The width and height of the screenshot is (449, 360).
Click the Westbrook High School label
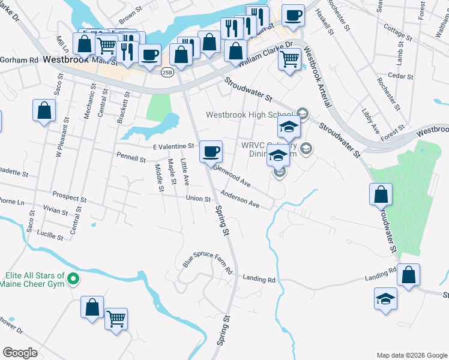point(249,115)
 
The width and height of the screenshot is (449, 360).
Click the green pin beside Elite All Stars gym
point(74,278)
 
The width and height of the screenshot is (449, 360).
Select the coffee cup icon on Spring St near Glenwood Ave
point(211,151)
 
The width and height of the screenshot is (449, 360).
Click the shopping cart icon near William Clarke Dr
point(290,60)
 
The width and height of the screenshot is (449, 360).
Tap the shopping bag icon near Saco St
point(44,110)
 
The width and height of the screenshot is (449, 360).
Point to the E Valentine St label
point(173,146)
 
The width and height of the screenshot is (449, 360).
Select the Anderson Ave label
point(240,199)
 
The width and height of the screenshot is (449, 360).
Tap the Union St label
point(198,199)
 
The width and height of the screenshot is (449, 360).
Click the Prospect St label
point(69,196)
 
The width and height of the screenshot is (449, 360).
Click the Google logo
point(20,353)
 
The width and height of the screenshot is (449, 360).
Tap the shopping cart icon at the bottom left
point(116,319)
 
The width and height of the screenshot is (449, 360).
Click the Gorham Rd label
point(19,61)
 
